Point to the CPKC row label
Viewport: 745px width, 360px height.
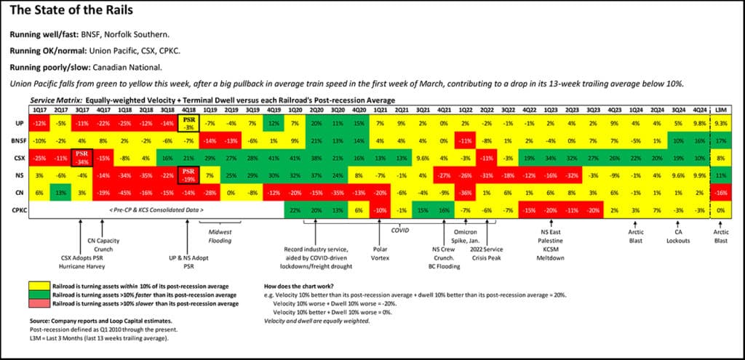pos(17,209)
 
